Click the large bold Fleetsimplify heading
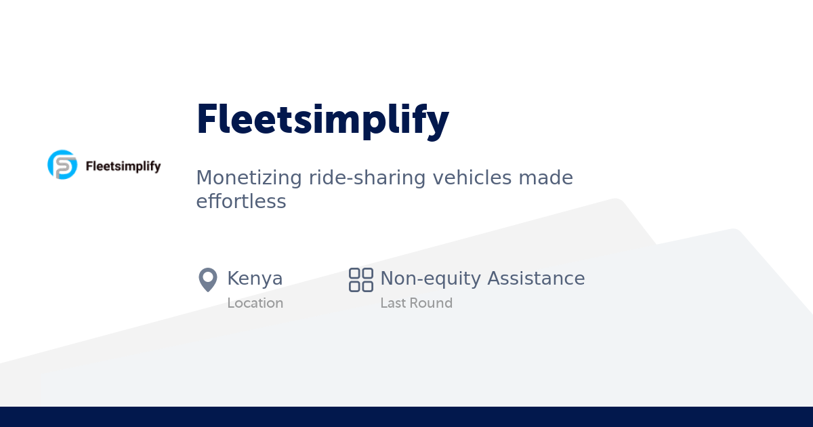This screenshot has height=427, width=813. point(322,120)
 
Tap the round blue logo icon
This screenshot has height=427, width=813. point(62,165)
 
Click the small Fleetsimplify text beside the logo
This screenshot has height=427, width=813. point(123,166)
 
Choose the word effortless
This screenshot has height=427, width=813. point(241,201)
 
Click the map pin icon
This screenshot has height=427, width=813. point(207,279)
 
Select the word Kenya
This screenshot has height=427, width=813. point(255,279)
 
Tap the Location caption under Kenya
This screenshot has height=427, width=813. point(255,303)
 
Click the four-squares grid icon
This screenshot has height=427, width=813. point(361,279)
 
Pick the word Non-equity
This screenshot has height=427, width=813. point(430,279)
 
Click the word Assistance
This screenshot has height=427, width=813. point(536,279)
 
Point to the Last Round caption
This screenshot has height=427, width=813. point(416,303)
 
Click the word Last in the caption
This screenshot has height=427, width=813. point(392,303)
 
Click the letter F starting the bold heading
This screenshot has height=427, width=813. point(206,120)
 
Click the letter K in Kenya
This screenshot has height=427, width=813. point(233,279)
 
